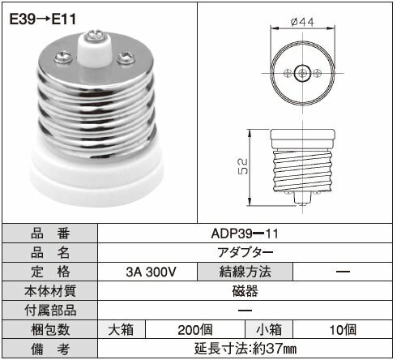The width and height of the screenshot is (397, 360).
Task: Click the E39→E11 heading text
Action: coord(42,17)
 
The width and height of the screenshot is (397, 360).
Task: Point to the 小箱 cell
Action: coord(268,330)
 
